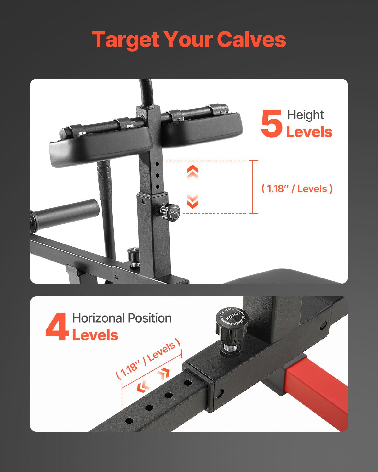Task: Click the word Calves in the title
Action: [251, 40]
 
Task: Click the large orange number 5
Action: [271, 123]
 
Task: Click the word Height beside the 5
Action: [305, 115]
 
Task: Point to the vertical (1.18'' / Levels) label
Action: [297, 189]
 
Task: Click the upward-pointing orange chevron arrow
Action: [193, 172]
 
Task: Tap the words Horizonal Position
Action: [122, 318]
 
